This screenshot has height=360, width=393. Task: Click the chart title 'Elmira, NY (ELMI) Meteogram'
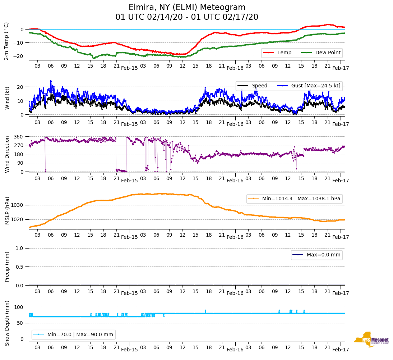187,8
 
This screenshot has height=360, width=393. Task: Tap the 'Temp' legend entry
284,53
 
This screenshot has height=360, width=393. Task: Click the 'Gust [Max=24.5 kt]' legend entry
315,86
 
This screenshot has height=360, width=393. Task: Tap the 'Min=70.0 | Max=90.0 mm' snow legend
80,334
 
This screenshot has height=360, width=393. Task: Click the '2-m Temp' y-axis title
6,41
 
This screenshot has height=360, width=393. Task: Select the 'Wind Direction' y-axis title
7,154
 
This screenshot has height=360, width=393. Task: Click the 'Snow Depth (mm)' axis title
7,323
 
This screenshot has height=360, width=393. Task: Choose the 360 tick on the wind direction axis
19,137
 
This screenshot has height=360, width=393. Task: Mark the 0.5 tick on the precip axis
20,267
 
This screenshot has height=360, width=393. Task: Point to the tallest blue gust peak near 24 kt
51,81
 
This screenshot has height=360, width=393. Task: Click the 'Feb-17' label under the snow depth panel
340,350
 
